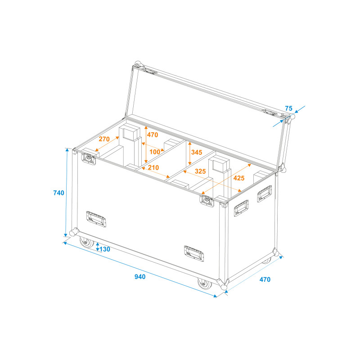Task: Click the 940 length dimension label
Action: [x=140, y=277]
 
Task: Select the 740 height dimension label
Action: [x=59, y=193]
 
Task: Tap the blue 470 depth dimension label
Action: [x=265, y=279]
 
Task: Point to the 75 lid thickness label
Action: [x=288, y=108]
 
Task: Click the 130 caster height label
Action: [x=105, y=249]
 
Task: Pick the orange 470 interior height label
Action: [x=153, y=135]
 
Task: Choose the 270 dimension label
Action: [x=104, y=139]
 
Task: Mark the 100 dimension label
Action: [x=155, y=152]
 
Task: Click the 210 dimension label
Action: [x=153, y=167]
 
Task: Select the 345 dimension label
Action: [x=197, y=152]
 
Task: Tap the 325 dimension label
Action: [x=200, y=171]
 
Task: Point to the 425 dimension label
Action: [x=239, y=178]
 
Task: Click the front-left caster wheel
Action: [x=86, y=242]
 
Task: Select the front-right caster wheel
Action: [x=204, y=283]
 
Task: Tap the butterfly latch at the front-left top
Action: [x=89, y=158]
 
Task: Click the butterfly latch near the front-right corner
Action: [x=207, y=200]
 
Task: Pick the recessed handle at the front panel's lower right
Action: [x=194, y=253]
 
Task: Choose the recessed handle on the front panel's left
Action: [x=96, y=219]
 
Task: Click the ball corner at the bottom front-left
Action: [x=74, y=232]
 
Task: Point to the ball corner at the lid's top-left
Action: [x=138, y=63]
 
